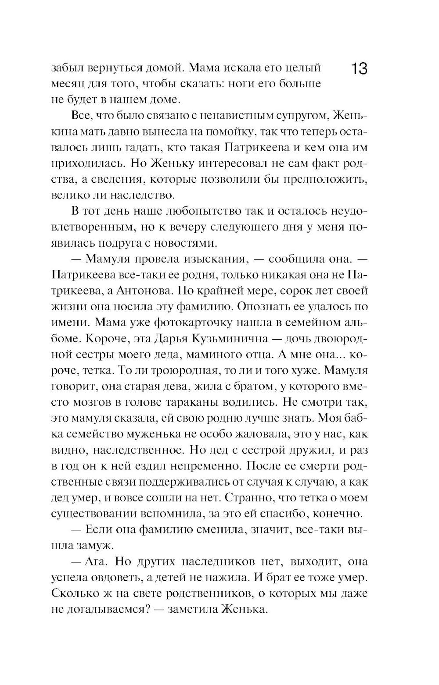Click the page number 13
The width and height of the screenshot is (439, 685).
[x=359, y=70]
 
